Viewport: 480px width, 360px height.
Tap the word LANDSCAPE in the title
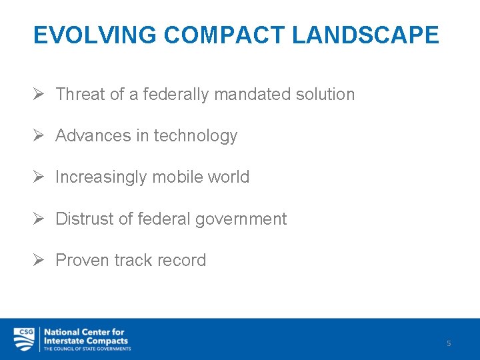365,35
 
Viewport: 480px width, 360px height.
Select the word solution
327,95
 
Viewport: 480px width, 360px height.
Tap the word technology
195,136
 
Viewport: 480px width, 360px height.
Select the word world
228,177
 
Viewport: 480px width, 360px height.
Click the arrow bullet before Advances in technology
39,136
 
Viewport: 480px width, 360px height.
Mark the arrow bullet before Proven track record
39,260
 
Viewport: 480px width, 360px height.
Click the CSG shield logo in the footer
25,339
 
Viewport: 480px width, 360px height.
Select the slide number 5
449,343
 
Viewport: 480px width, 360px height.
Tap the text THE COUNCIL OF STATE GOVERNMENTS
87,349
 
